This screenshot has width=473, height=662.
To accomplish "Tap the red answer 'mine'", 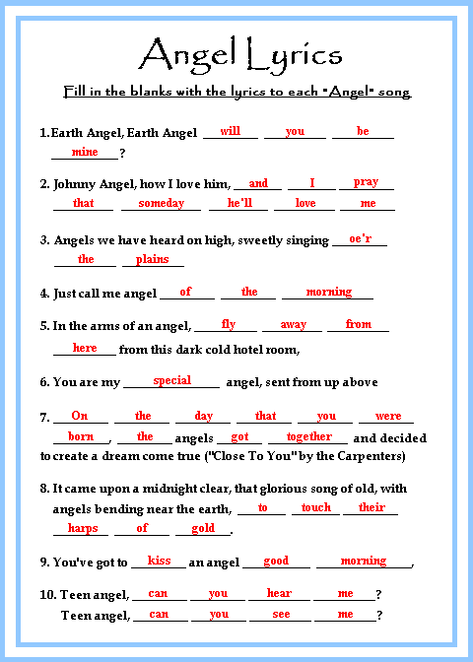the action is [85, 152].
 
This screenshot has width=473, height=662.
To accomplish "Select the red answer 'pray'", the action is [366, 182].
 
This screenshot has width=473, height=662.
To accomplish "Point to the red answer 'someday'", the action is [161, 203].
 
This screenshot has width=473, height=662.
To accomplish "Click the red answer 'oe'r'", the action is [360, 238].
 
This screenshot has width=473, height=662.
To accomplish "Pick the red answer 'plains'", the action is [153, 259].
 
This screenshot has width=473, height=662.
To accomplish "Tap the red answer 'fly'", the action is [229, 324].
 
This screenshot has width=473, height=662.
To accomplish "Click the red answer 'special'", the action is [172, 380].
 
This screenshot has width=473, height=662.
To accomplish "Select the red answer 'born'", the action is [81, 436].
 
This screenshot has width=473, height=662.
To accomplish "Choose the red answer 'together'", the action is [309, 436].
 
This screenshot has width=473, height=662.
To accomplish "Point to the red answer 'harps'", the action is [82, 528].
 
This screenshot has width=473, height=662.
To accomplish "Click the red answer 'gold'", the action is [203, 528].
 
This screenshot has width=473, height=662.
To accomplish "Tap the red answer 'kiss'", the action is [159, 561].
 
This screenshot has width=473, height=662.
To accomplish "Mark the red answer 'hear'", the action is [279, 593].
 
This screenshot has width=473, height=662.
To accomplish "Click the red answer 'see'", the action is [281, 614].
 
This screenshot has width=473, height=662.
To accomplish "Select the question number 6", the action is [44, 382].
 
